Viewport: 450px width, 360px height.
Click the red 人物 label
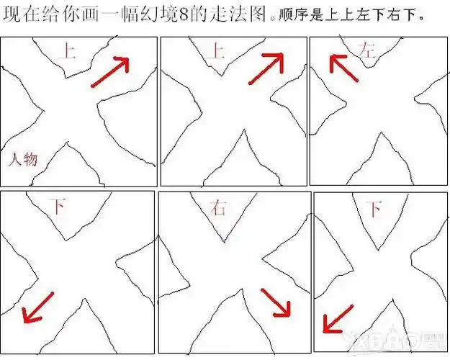22,159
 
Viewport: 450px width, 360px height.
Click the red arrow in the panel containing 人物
110,72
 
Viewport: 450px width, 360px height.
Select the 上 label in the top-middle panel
215,50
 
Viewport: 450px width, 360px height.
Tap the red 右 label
217,209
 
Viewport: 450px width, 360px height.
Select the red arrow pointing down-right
276,302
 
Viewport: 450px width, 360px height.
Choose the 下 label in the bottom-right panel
373,210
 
